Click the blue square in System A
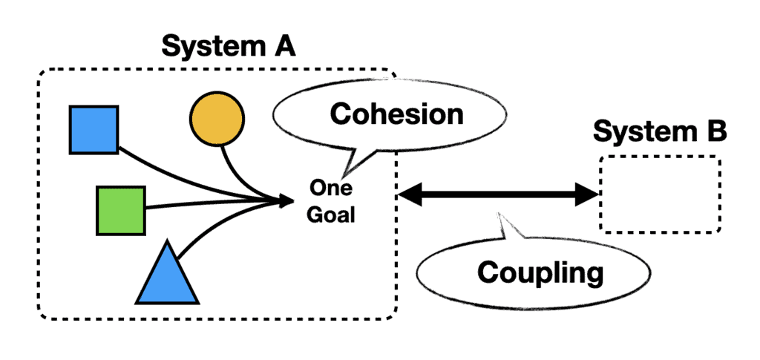(x=94, y=129)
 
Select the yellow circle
(x=217, y=118)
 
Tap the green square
(x=120, y=210)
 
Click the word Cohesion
(x=396, y=114)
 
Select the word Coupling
(x=540, y=272)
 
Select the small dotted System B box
(x=660, y=194)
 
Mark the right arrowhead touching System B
(x=588, y=195)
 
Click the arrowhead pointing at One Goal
(x=286, y=200)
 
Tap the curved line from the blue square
(x=178, y=175)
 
